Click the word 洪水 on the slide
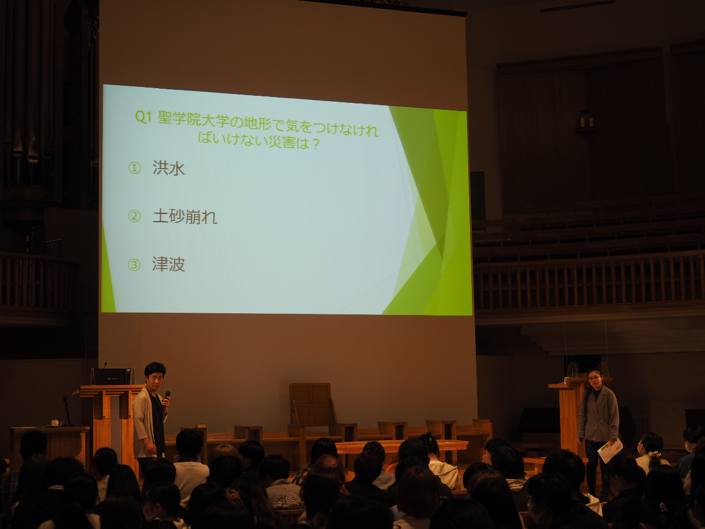(x=169, y=168)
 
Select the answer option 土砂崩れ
(x=184, y=216)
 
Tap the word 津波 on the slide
(x=168, y=264)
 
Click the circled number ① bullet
(x=135, y=168)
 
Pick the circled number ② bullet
(x=135, y=216)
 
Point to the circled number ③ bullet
(x=134, y=265)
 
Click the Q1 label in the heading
(x=143, y=117)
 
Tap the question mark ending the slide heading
(x=315, y=144)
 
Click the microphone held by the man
(x=167, y=398)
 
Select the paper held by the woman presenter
(x=610, y=450)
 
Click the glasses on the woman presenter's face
(x=595, y=378)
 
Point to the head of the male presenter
(x=155, y=375)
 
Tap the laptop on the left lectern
(x=112, y=376)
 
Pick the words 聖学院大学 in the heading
(x=195, y=120)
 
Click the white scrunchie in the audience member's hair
(x=655, y=454)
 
